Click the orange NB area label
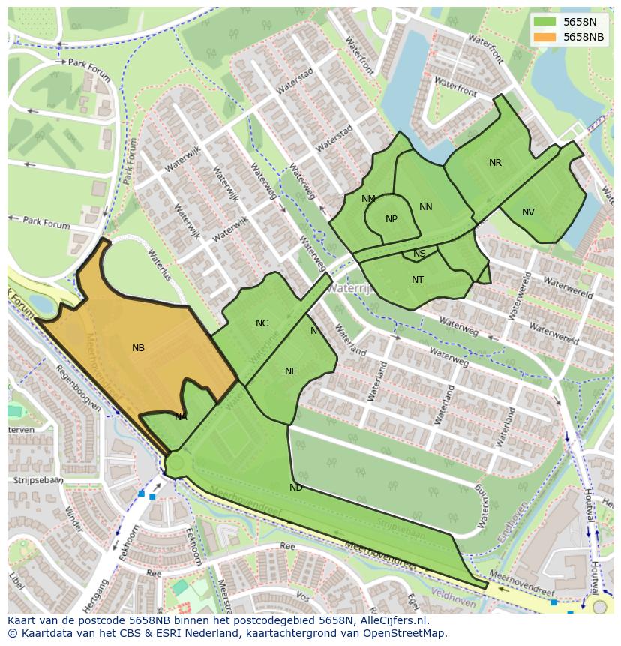click(x=138, y=348)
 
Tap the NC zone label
click(x=262, y=323)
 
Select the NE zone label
click(x=291, y=371)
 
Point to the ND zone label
click(x=296, y=488)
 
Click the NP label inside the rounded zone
click(x=391, y=219)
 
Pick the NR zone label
click(x=495, y=163)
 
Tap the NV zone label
click(x=528, y=212)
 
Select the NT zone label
click(x=418, y=280)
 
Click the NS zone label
click(x=419, y=254)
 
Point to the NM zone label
click(x=368, y=199)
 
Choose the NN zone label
click(x=426, y=207)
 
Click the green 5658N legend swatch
click(x=545, y=23)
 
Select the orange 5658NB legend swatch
click(x=545, y=37)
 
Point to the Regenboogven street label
click(x=78, y=390)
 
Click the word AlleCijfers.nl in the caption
click(x=385, y=620)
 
